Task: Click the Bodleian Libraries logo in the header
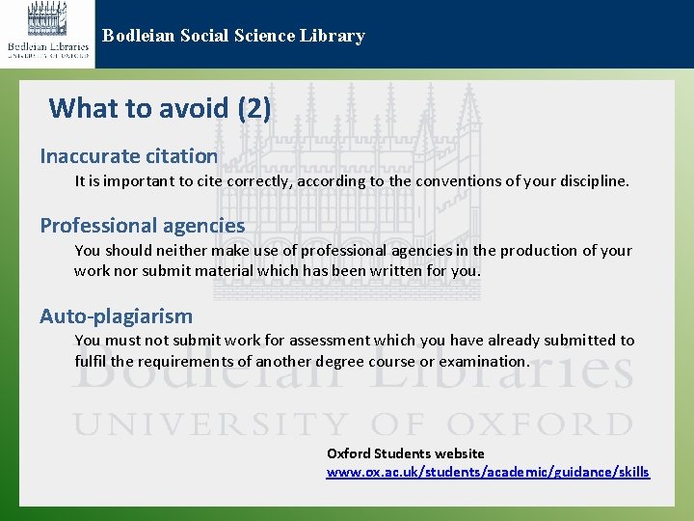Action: pyautogui.click(x=47, y=32)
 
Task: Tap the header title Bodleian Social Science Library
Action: pyautogui.click(x=233, y=36)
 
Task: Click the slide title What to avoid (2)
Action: pyautogui.click(x=160, y=107)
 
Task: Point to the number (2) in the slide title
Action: pyautogui.click(x=254, y=107)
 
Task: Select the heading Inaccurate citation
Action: pyautogui.click(x=128, y=155)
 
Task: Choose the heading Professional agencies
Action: pyautogui.click(x=143, y=225)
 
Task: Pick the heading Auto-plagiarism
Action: pyautogui.click(x=116, y=315)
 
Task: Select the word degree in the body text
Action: pyautogui.click(x=360, y=361)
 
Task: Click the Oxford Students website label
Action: pyautogui.click(x=406, y=452)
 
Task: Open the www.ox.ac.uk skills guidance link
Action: pyautogui.click(x=488, y=472)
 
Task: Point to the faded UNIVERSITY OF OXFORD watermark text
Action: pyautogui.click(x=353, y=424)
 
